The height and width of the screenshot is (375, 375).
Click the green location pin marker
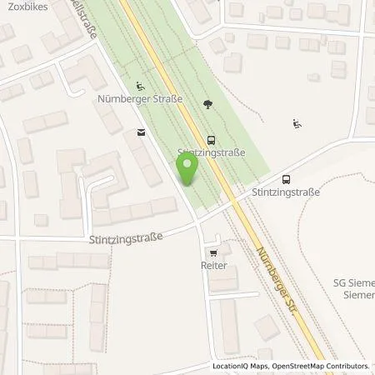(188, 170)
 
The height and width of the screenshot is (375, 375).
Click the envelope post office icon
(139, 132)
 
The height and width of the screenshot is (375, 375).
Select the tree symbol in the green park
(207, 104)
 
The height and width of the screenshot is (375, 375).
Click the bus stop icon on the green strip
(211, 141)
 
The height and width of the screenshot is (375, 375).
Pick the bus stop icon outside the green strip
(287, 178)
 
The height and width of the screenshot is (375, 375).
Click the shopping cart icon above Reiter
(214, 252)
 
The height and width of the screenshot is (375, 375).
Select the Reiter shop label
(214, 265)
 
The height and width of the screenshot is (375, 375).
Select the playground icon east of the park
(297, 125)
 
